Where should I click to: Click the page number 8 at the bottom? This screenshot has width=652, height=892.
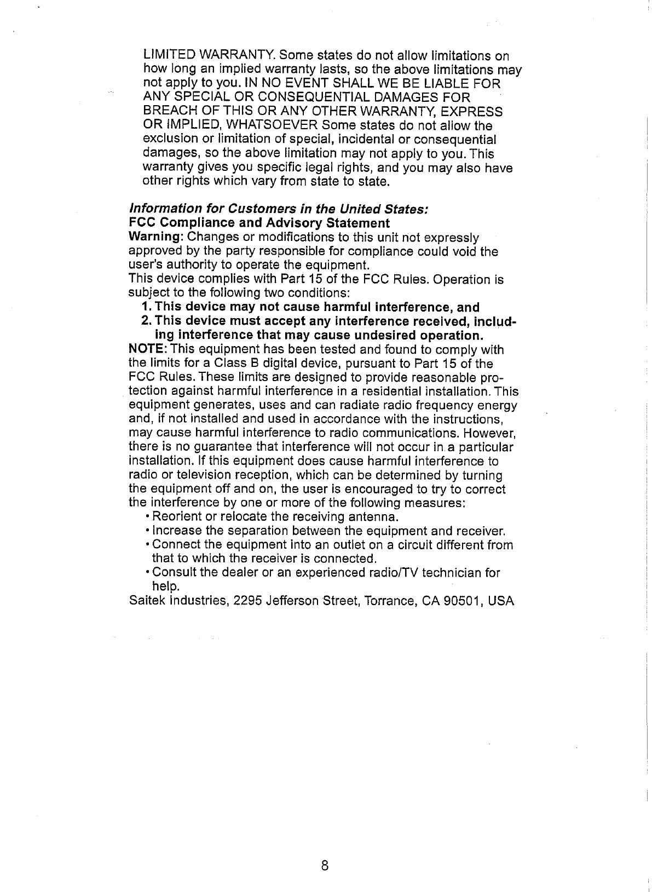point(325,866)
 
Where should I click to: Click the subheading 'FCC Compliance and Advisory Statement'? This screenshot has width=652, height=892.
point(259,223)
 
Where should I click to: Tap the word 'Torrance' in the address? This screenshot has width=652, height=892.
point(391,601)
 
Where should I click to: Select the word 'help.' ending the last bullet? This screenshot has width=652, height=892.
point(163,587)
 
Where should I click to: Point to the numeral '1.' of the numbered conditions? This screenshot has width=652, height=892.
point(146,307)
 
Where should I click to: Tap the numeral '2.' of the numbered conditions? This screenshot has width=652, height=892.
point(147,321)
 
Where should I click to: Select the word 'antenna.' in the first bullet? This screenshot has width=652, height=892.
point(378,517)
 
